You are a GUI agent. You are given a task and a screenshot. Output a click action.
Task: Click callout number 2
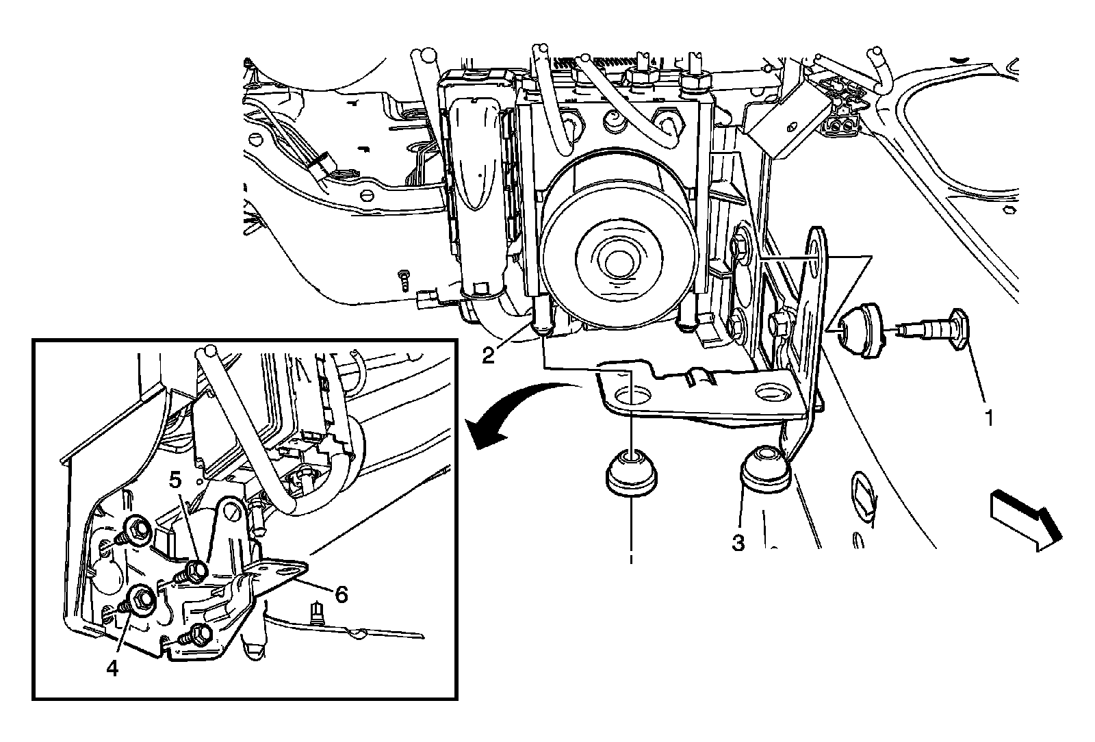(x=487, y=356)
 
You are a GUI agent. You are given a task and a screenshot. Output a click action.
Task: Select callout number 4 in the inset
(x=112, y=667)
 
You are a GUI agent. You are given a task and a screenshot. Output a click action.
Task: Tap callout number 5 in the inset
(x=176, y=481)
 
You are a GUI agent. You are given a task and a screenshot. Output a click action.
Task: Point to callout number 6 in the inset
(x=339, y=593)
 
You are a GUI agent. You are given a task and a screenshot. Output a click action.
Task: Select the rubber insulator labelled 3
(x=764, y=468)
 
